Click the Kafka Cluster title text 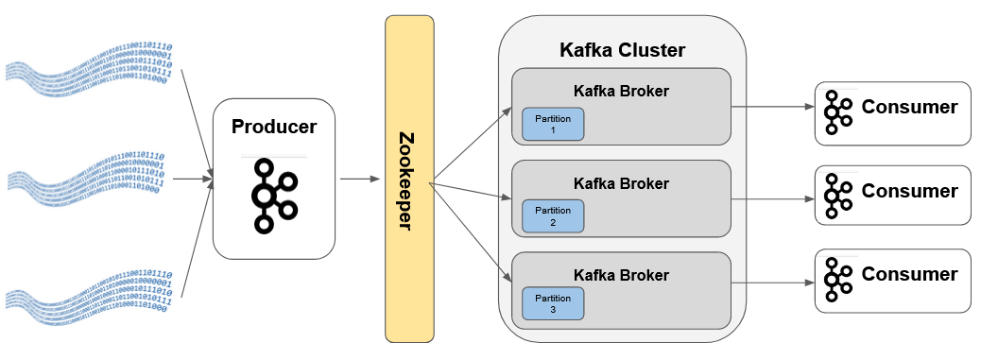click(622, 50)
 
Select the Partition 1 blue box click(553, 125)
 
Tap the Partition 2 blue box click(553, 215)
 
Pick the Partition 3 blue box click(553, 303)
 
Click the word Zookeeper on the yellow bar click(409, 179)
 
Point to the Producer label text click(274, 127)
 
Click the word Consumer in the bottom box click(909, 275)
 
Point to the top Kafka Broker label click(621, 92)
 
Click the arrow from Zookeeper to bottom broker click(473, 232)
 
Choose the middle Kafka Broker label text click(621, 183)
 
